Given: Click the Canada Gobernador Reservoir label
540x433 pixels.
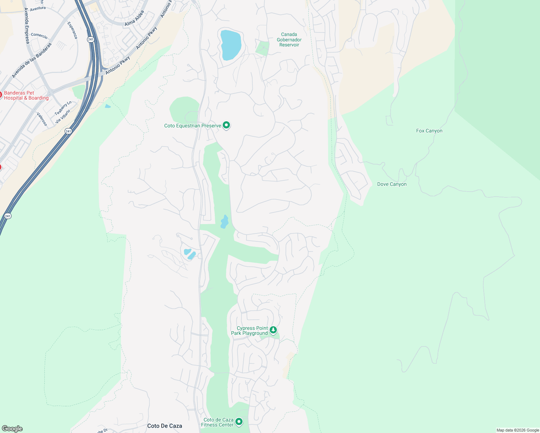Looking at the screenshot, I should pos(289,40).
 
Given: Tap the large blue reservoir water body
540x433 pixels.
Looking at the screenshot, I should pos(230,45).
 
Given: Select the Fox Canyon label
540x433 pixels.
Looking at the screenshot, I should pos(429,131).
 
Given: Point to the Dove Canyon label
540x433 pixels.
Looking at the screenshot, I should pos(392,184).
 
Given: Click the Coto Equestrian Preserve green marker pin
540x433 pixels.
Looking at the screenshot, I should pos(226,125).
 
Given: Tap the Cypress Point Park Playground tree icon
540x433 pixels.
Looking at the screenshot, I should pos(274,330).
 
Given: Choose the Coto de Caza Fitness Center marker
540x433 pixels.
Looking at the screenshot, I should pos(239,421).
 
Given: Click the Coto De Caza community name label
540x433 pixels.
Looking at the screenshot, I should pos(165,426).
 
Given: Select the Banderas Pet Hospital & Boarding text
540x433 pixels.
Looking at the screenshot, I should pos(26,96).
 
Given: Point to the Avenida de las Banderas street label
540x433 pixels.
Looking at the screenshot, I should pos(32,60).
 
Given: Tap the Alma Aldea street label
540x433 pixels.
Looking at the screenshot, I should pos(135,18).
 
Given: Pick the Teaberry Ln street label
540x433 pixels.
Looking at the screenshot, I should pos(63,108).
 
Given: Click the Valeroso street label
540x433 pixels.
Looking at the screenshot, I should pos(42,119).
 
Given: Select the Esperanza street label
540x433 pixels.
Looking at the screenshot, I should pos(72,30).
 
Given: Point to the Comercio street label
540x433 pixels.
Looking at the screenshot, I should pos(39,36).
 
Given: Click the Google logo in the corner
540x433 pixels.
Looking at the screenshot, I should pos(12,429).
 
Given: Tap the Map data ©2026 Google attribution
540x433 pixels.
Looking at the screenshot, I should pos(518,430).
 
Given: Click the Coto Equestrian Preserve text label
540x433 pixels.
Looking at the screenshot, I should pos(192,126).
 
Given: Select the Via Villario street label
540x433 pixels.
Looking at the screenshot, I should pos(63,117).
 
